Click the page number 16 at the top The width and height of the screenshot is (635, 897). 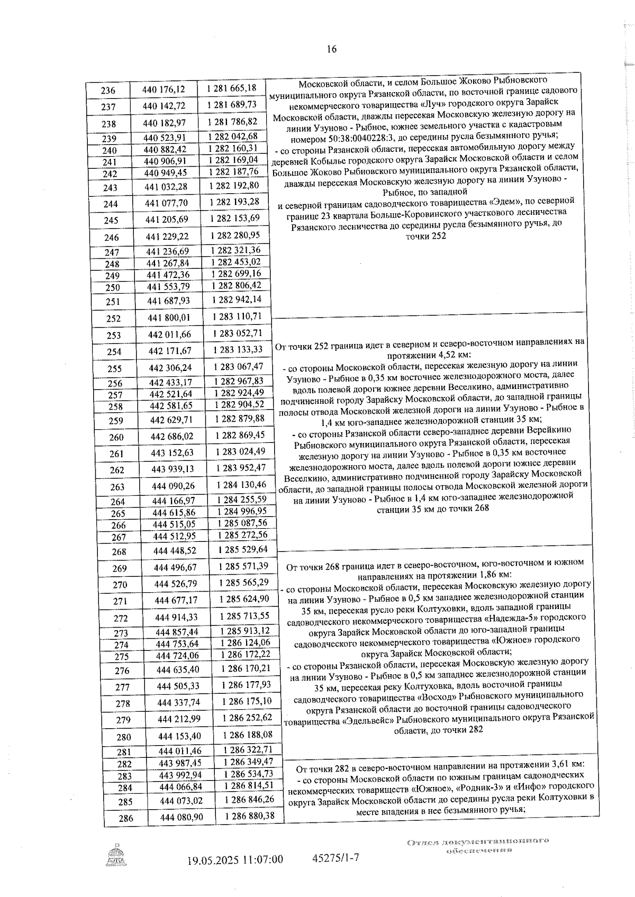(331, 49)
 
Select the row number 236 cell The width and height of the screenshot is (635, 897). (108, 90)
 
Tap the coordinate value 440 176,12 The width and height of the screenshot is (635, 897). (164, 89)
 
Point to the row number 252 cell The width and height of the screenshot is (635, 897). (113, 319)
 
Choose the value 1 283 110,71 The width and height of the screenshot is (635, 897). (238, 316)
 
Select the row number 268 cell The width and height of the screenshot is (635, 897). (119, 552)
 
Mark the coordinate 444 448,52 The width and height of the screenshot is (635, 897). (175, 551)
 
